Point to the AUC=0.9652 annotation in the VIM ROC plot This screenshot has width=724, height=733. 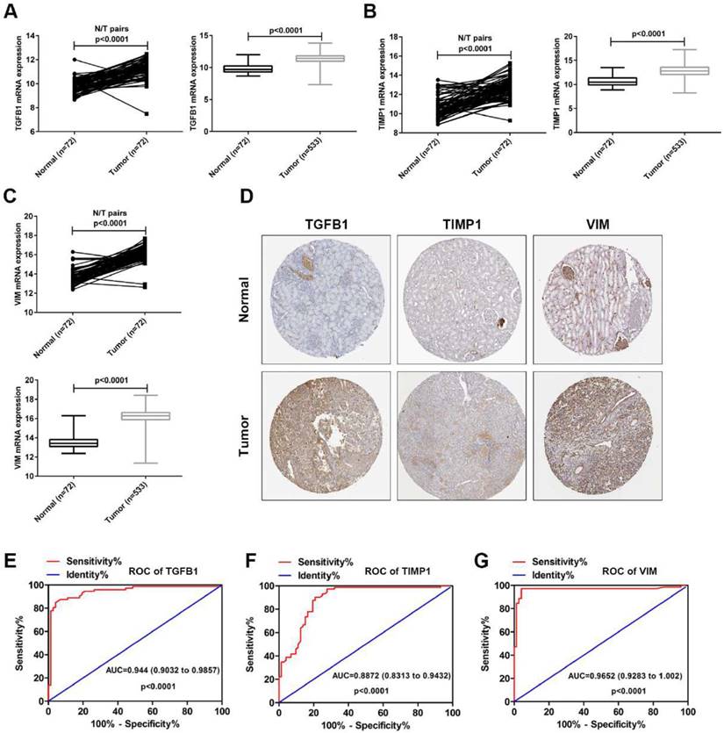click(619, 677)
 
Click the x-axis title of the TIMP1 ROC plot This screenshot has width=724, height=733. click(366, 726)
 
